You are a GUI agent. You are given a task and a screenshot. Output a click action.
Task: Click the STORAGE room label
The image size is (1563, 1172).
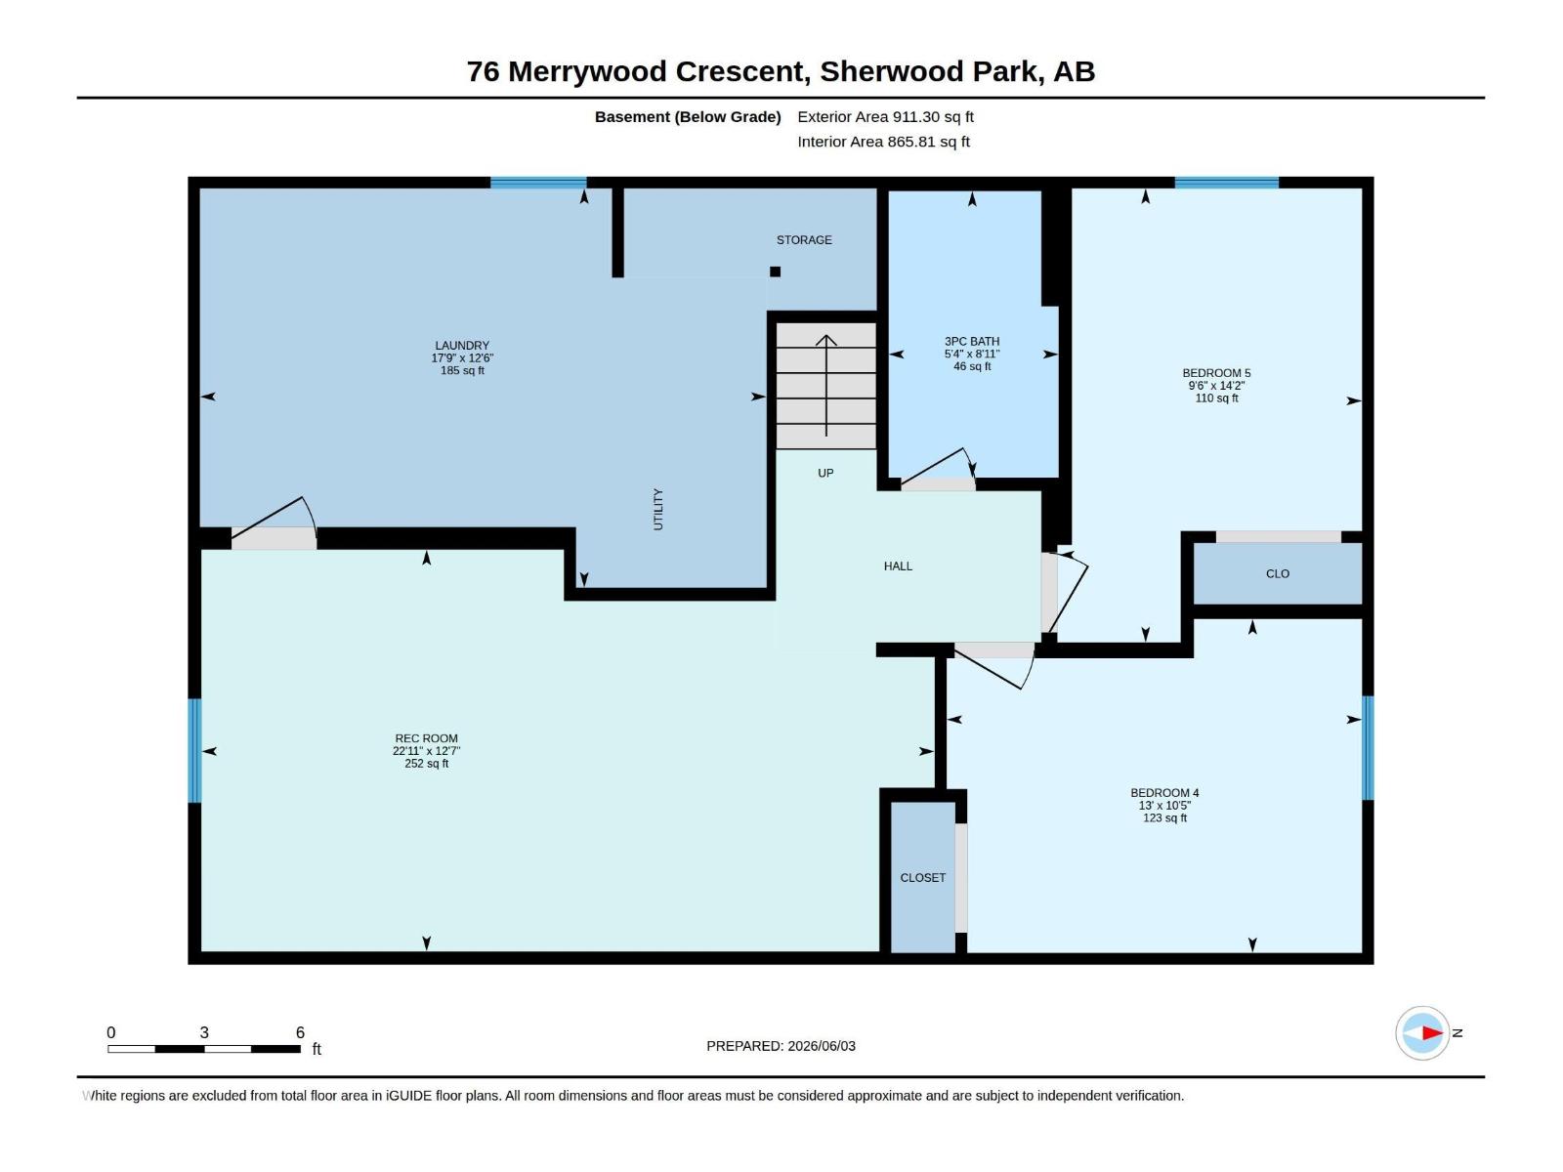coord(804,240)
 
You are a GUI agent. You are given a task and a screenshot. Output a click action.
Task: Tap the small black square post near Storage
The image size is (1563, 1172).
coord(776,272)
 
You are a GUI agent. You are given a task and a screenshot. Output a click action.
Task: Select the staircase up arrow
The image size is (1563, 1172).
coord(826,385)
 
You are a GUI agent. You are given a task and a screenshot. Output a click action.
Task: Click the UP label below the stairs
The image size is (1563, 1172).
coord(825,474)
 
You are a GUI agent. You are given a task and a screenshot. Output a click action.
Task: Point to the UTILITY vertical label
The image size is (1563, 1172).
coord(658,510)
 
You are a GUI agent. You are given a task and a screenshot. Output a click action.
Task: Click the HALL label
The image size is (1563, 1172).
coord(898,566)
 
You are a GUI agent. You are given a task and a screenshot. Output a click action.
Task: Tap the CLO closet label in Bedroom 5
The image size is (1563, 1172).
coord(1278,574)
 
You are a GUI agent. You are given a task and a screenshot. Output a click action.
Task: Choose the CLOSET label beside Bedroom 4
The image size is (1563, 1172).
coord(923,878)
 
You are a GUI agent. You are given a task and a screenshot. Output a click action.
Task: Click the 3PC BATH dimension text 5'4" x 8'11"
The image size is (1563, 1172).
coord(972,355)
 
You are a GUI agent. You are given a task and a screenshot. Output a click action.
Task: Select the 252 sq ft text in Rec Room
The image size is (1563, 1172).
coord(427,765)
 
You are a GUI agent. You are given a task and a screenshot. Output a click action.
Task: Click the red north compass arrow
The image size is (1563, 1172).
coord(1433,1032)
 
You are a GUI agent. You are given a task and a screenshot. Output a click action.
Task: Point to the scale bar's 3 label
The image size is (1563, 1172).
coord(204,1032)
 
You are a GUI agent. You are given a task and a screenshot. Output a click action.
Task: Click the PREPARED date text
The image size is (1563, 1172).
coord(781,1046)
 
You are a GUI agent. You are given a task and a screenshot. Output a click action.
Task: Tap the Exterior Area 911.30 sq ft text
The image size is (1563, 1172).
coord(885,116)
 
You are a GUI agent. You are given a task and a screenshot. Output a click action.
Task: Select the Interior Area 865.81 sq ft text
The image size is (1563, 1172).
coord(884,142)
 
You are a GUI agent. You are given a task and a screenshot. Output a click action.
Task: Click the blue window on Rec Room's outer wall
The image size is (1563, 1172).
coord(194,751)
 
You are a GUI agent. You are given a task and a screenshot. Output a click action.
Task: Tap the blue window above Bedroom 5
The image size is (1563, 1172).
coord(1226,183)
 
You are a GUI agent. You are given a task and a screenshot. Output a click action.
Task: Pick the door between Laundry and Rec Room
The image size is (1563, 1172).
coord(275,523)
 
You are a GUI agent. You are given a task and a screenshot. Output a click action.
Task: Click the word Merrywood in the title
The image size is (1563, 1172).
coord(587,72)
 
